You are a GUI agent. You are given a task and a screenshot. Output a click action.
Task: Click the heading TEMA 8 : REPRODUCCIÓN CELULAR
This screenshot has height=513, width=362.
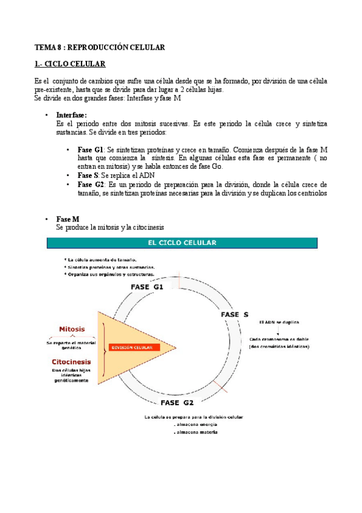point(99,47)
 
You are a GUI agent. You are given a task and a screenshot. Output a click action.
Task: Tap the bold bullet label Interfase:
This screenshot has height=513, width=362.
point(72,114)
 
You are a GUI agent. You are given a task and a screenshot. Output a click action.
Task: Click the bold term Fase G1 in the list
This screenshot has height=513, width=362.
point(91,149)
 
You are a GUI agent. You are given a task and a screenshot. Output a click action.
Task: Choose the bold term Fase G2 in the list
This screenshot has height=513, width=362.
point(91,185)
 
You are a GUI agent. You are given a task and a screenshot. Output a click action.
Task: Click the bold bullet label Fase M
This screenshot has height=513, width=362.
point(67,218)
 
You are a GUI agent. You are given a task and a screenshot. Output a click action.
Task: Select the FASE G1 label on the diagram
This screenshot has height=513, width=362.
point(147,287)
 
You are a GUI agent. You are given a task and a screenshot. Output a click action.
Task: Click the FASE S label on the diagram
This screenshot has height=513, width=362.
point(234,315)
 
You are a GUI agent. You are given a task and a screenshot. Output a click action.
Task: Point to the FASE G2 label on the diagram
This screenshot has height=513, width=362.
point(177,402)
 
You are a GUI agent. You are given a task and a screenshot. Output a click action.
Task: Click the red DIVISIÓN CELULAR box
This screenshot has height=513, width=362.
point(134,347)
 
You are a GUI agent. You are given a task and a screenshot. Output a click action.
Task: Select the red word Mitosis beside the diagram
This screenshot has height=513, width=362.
point(71,330)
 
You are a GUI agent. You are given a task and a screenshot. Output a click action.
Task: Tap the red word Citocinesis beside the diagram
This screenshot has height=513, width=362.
point(71,362)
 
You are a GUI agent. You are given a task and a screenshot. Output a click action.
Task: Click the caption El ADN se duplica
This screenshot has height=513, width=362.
point(279,322)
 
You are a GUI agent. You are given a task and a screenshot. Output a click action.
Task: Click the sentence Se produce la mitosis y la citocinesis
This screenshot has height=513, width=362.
point(109,227)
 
